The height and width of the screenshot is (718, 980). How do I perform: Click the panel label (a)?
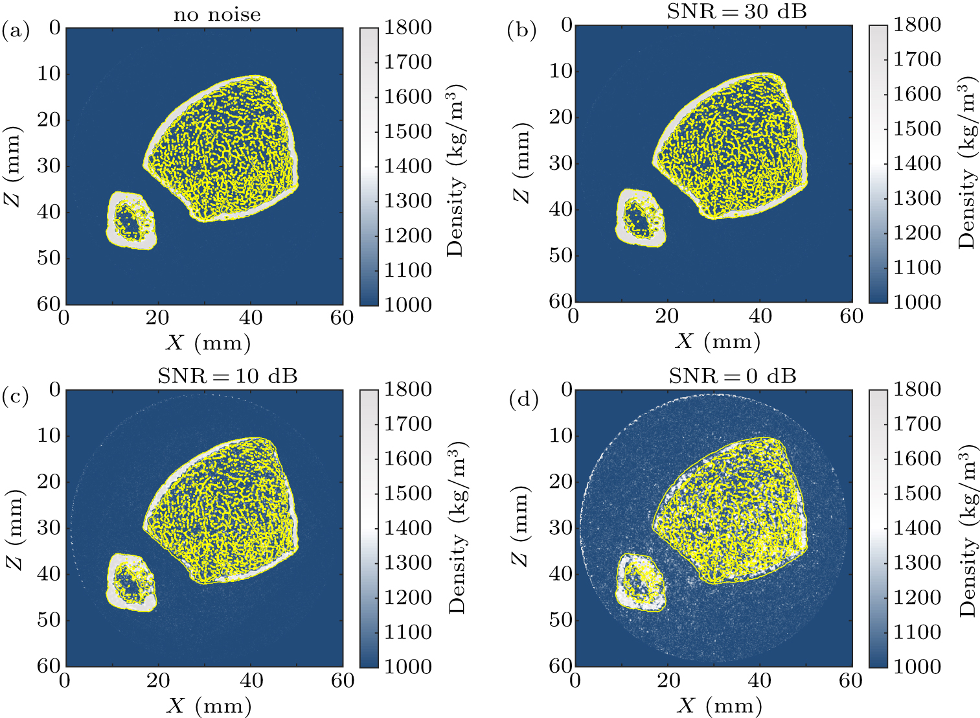coord(16,30)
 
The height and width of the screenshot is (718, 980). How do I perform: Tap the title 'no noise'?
coord(217,14)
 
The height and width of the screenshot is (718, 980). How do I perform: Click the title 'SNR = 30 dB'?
coord(736,12)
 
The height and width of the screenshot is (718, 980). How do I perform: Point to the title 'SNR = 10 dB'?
coord(227,376)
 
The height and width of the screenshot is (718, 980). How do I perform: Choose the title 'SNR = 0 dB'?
coord(733,376)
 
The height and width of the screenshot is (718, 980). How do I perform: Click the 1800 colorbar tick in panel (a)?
coord(408,28)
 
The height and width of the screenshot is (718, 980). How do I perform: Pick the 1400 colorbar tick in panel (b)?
coord(917,163)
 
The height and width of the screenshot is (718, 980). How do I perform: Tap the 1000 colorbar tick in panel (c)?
coord(408,667)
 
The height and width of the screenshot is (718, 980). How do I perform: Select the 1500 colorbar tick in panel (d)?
coord(917,493)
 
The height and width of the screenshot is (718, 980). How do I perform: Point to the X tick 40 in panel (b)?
coord(760,316)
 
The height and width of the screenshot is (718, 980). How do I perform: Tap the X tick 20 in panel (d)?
coord(668,680)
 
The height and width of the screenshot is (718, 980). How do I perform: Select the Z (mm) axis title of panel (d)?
coord(522,526)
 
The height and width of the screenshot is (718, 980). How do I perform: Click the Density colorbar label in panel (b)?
coord(966,162)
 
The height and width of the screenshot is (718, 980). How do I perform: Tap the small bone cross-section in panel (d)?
coord(640,582)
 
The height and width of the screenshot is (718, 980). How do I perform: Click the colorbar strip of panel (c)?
coord(369,528)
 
